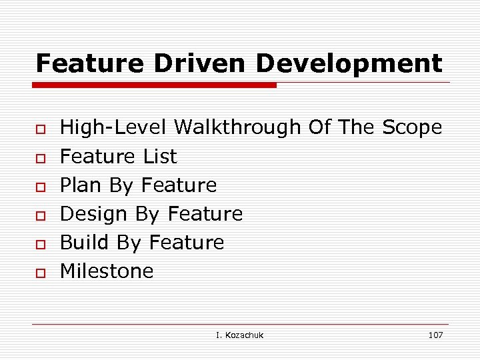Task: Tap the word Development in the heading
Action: click(x=349, y=63)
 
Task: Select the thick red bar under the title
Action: click(x=155, y=85)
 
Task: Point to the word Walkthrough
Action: click(x=238, y=127)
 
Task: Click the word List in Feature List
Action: click(x=160, y=157)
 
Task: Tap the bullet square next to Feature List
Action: click(x=41, y=158)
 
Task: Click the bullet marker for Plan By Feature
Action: click(x=41, y=187)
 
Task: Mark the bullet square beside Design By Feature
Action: click(x=41, y=215)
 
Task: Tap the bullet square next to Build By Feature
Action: click(x=41, y=244)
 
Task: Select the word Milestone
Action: click(x=107, y=271)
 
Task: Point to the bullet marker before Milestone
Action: click(x=41, y=273)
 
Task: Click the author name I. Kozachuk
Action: click(x=239, y=335)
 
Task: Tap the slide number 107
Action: click(x=435, y=335)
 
